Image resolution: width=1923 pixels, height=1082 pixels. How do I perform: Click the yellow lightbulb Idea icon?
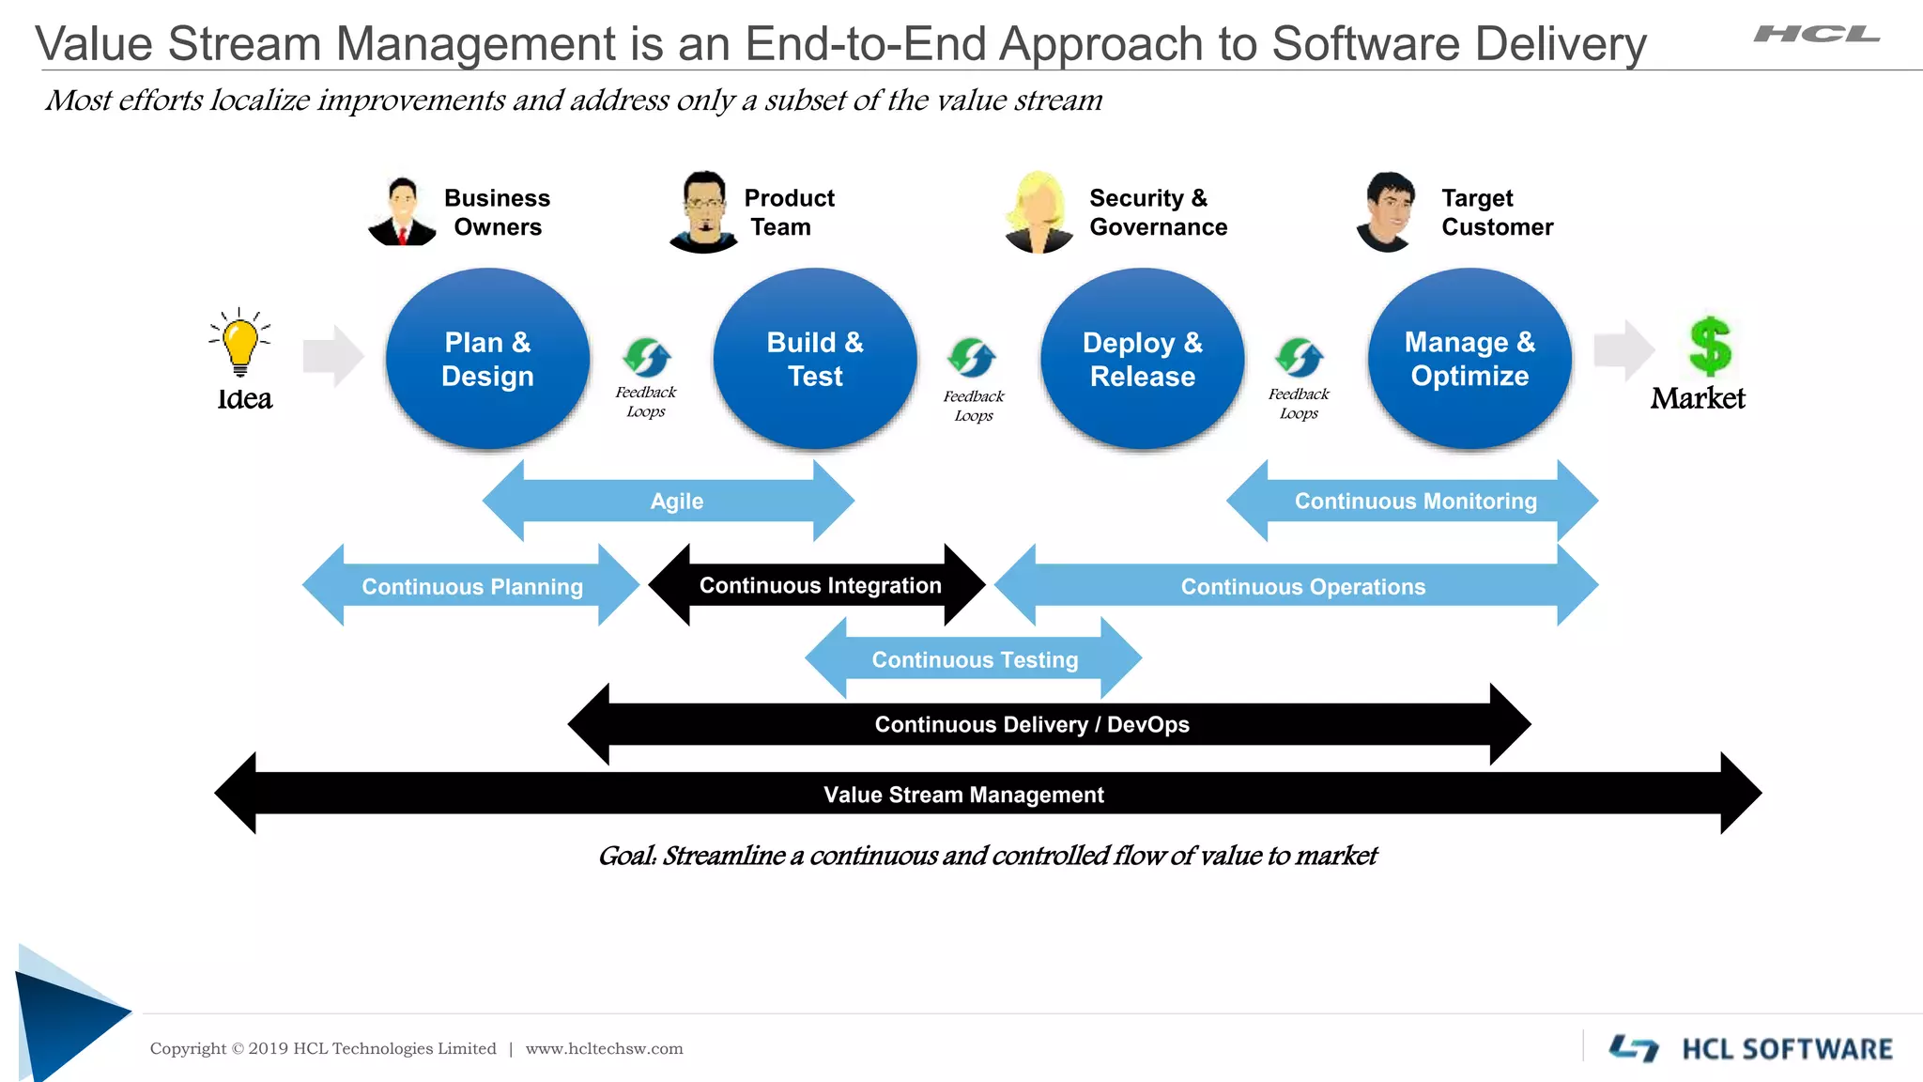(x=240, y=344)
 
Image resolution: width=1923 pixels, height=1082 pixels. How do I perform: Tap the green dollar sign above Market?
(x=1709, y=346)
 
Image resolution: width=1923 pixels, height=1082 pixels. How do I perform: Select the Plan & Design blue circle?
(x=487, y=359)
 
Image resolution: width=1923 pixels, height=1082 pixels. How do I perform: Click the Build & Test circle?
(x=815, y=359)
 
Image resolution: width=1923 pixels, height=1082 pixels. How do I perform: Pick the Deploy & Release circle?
(x=1142, y=359)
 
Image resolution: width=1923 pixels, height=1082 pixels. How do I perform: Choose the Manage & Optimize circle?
(x=1469, y=359)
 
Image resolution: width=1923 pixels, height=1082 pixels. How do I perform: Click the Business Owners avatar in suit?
(x=403, y=212)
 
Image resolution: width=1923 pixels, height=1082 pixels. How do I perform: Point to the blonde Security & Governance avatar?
(x=1038, y=212)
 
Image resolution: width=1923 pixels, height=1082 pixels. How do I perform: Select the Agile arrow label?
(x=676, y=502)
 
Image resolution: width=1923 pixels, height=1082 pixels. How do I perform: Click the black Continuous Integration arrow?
(x=819, y=586)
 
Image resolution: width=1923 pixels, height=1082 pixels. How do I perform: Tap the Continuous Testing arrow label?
(x=975, y=660)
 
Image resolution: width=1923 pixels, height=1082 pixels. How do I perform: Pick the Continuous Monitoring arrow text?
(x=1415, y=502)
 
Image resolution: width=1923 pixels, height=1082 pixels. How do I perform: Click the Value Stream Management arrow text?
(x=963, y=795)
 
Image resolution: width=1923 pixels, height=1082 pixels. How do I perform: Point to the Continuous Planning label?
(x=472, y=587)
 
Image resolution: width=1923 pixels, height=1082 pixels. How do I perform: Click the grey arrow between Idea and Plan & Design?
(x=332, y=356)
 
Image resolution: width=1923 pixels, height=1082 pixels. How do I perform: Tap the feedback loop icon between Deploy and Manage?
(x=1300, y=358)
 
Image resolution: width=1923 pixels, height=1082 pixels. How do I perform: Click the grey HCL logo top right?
(x=1816, y=35)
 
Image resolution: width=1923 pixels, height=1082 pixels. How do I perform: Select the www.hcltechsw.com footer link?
(x=604, y=1049)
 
